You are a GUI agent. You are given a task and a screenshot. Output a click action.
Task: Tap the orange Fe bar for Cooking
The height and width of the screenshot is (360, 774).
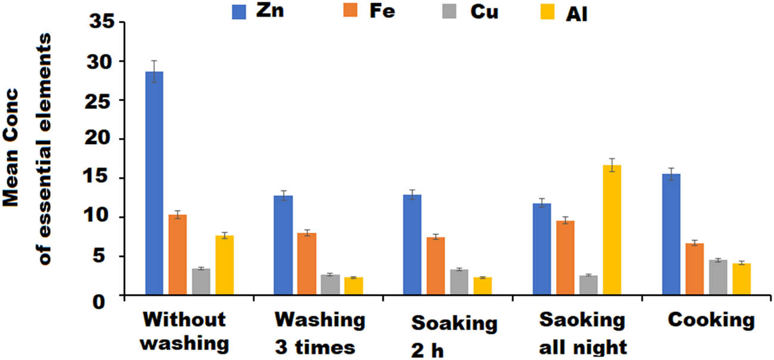tap(695, 268)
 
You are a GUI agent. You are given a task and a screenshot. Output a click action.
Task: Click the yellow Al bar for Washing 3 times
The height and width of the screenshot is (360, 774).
tap(354, 286)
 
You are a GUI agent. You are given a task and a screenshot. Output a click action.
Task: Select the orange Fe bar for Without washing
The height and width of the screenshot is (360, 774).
tap(177, 254)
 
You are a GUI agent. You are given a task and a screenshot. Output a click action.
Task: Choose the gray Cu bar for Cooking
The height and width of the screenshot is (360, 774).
tap(718, 277)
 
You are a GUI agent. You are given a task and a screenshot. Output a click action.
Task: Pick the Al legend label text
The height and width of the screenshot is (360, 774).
tap(577, 14)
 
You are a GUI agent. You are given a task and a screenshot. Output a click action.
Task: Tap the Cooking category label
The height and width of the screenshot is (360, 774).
tap(711, 321)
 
